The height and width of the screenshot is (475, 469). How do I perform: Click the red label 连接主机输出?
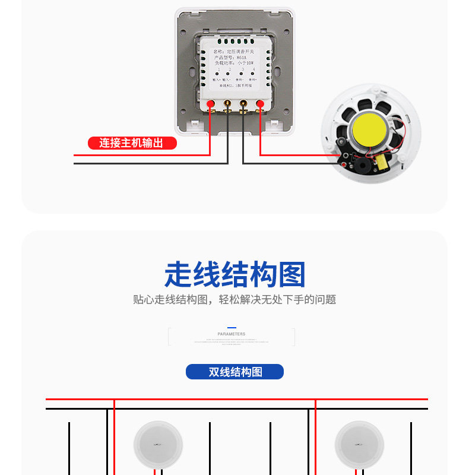[x=132, y=143]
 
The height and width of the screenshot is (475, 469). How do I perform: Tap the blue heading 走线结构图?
[x=235, y=275]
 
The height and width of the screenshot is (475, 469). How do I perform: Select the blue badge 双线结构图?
[x=235, y=372]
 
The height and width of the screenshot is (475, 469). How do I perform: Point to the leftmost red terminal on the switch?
[x=210, y=105]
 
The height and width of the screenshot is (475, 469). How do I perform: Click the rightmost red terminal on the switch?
[x=259, y=105]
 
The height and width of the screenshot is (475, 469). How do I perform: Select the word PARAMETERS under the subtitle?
[x=232, y=334]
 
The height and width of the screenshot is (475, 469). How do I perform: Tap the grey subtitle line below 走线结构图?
[x=235, y=300]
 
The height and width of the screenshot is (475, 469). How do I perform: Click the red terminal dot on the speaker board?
[x=345, y=160]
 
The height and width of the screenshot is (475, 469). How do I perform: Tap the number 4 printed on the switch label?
[x=254, y=70]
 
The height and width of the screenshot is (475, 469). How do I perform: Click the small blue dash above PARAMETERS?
[x=232, y=328]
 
